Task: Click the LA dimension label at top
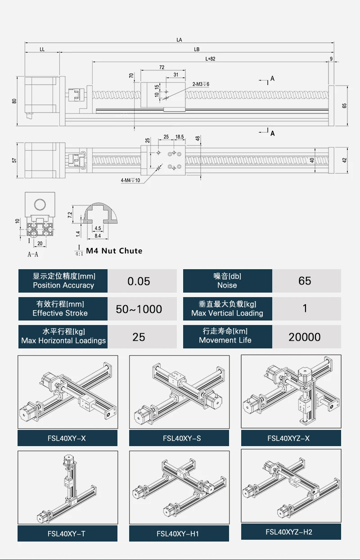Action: coord(179,40)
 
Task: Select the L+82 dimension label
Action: coord(211,59)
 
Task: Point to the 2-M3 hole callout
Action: coord(201,84)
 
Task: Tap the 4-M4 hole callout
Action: coord(130,181)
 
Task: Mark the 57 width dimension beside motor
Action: coord(14,160)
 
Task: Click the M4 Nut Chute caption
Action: coord(114,251)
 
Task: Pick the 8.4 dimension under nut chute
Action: coord(97,235)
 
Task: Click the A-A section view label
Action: coord(33,254)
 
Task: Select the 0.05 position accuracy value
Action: coord(139,281)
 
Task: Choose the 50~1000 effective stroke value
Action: coord(139,309)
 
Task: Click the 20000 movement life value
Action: coord(305,337)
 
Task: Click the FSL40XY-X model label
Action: coord(67,438)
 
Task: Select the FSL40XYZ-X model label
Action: coord(291,438)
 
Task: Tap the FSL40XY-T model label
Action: coord(67,534)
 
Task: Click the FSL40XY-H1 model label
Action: coord(179,534)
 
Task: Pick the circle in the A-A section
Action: coord(40,205)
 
